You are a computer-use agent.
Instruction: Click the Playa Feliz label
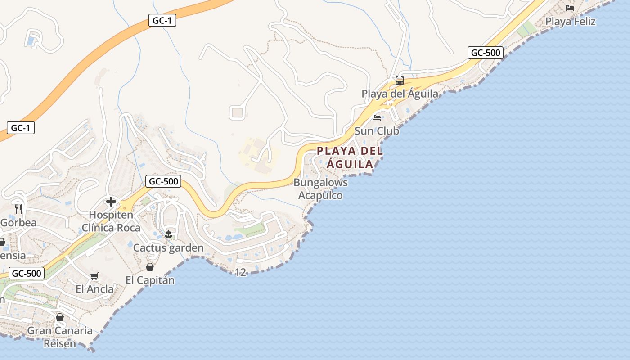click(x=570, y=21)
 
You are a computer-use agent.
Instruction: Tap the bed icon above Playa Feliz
click(x=570, y=8)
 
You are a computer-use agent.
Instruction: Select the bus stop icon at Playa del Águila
click(x=399, y=81)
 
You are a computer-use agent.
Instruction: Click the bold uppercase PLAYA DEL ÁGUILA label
click(x=350, y=157)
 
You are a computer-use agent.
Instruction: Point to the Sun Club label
click(x=377, y=131)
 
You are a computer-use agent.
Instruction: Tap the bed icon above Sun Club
click(x=377, y=118)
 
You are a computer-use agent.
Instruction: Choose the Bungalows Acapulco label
click(x=320, y=189)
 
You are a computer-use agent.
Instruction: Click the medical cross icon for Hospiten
click(x=111, y=202)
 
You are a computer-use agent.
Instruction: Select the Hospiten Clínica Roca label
click(x=111, y=221)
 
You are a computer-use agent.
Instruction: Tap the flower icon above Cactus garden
click(x=168, y=234)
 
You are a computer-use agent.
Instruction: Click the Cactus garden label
click(x=168, y=248)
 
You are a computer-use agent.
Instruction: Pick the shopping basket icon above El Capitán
click(x=150, y=267)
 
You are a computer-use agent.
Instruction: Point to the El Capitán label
click(x=150, y=280)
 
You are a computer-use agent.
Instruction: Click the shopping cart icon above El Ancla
click(x=94, y=276)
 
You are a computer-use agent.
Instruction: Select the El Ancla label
click(x=94, y=289)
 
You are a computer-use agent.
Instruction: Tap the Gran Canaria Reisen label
click(x=60, y=337)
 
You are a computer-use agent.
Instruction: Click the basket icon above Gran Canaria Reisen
click(x=60, y=317)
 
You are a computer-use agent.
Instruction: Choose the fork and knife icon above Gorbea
click(x=18, y=209)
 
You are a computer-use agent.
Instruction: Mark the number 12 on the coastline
click(x=241, y=272)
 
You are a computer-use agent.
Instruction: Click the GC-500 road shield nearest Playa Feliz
click(x=485, y=53)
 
